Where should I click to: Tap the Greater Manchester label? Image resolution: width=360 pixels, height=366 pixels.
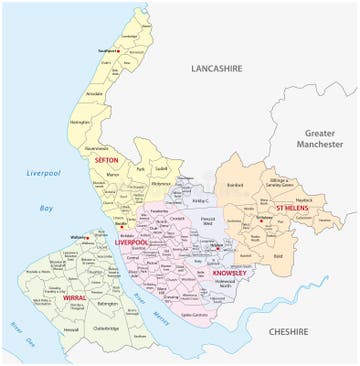(321, 137)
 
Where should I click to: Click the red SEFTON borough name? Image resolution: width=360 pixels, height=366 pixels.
(107, 160)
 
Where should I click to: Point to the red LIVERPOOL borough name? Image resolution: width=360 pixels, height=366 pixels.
(131, 242)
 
